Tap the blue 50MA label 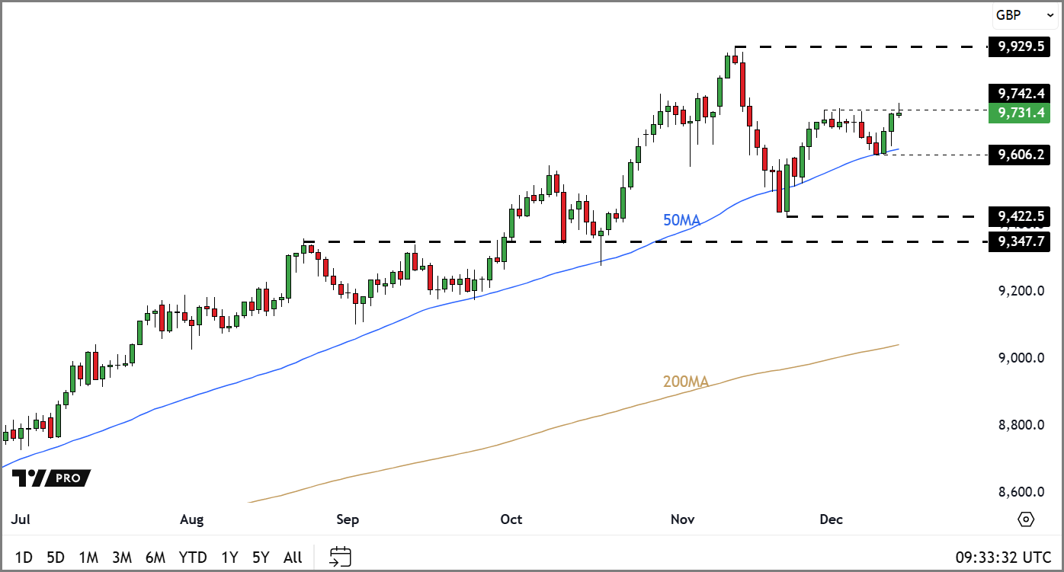(681, 220)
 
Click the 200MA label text (685, 382)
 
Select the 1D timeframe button (24, 558)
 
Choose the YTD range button (193, 558)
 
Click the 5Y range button (261, 558)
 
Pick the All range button (293, 558)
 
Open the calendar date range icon (340, 557)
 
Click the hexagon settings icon (1026, 519)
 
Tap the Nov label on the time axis (682, 519)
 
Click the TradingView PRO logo (51, 478)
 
